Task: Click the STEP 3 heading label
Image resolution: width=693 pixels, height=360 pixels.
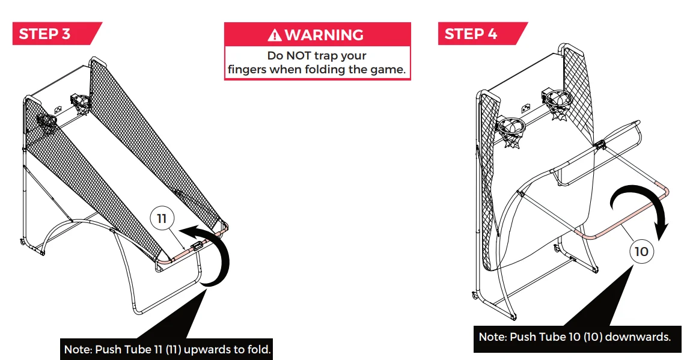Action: coord(45,34)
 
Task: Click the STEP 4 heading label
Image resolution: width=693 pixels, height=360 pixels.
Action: coord(471,34)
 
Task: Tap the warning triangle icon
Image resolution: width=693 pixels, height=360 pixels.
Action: coord(275,35)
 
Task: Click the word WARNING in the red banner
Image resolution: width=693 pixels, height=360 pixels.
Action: coord(324,35)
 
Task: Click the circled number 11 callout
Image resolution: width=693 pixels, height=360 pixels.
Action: coord(162,219)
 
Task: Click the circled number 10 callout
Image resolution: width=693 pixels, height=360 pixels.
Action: coord(642,251)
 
